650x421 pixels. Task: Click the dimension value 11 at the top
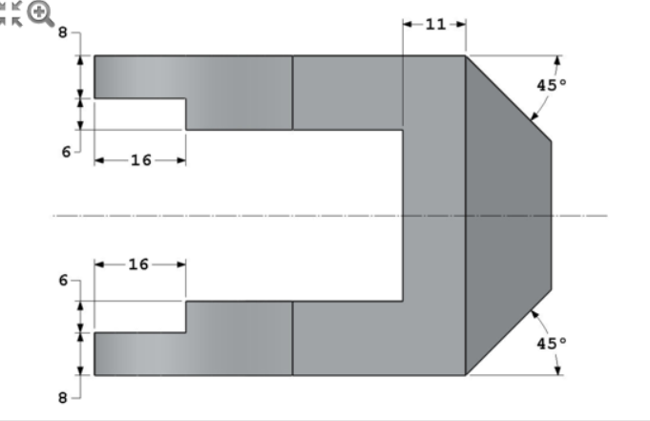(x=434, y=24)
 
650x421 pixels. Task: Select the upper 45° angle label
(x=551, y=85)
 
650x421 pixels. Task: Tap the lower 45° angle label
(x=551, y=343)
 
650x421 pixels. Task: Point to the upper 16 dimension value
(x=140, y=160)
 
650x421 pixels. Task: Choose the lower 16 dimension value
(x=138, y=264)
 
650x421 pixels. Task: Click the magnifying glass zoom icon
(x=40, y=13)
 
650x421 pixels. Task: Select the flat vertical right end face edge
(x=551, y=215)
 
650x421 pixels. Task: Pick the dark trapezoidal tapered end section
(x=506, y=215)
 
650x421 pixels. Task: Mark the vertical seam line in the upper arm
(x=292, y=93)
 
